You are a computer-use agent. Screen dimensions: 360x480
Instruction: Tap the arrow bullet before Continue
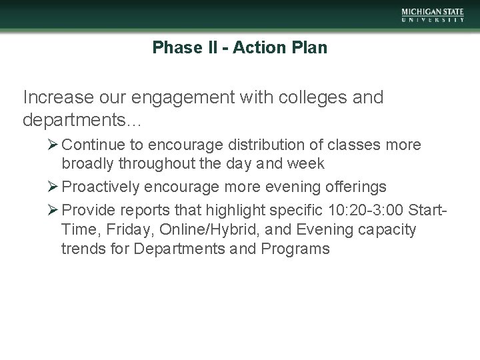(54, 145)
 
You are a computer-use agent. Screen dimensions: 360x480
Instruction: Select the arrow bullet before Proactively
(54, 186)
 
